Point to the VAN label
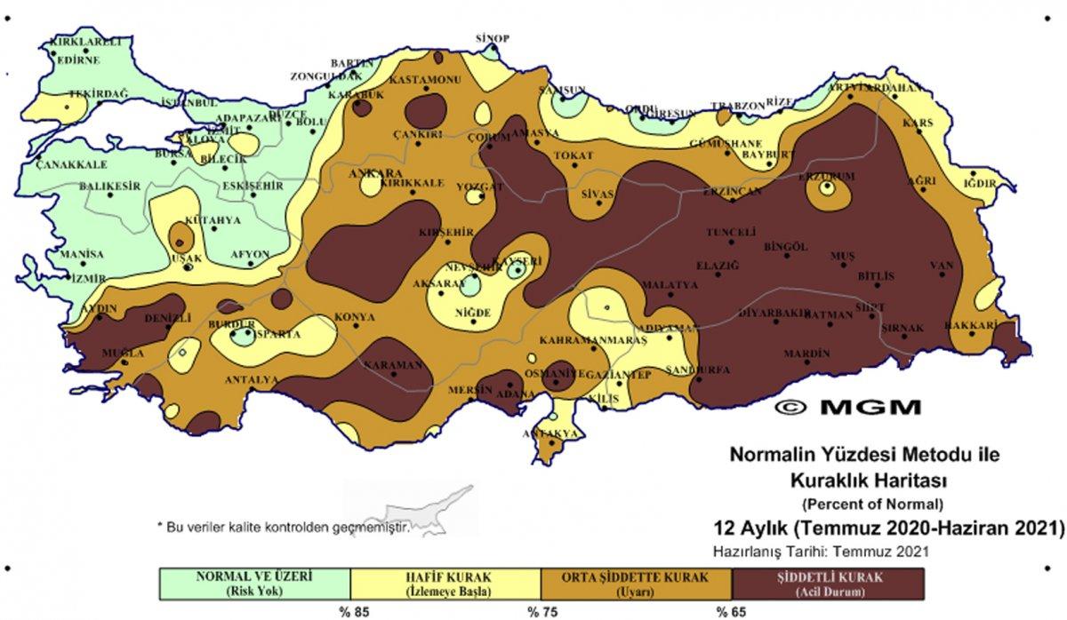click(941, 265)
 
